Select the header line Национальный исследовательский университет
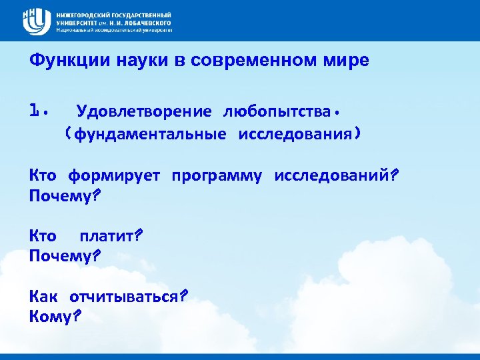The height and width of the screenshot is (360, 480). [114, 31]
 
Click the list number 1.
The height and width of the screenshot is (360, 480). [37, 109]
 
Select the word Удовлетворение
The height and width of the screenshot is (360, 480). [144, 110]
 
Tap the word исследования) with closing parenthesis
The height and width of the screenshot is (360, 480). [300, 134]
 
